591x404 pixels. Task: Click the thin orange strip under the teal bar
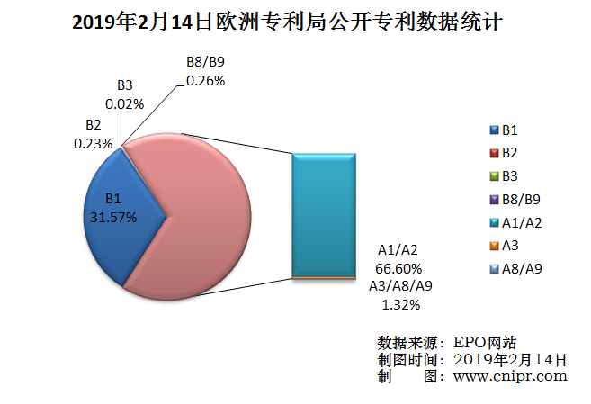(x=326, y=280)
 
